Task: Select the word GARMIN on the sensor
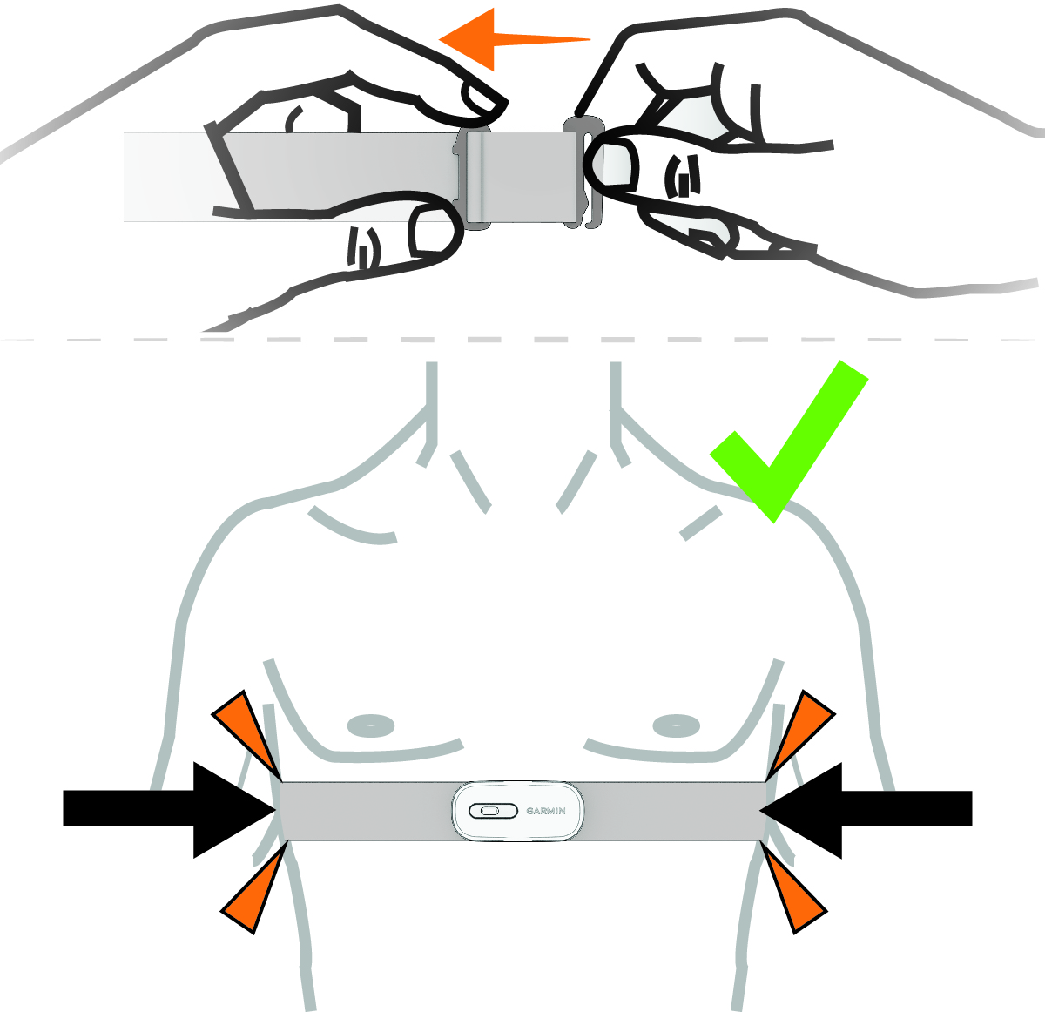pyautogui.click(x=546, y=811)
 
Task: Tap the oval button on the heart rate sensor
pyautogui.click(x=486, y=811)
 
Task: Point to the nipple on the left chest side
pyautogui.click(x=370, y=725)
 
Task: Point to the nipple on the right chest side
pyautogui.click(x=676, y=725)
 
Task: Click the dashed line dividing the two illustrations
pyautogui.click(x=522, y=338)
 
